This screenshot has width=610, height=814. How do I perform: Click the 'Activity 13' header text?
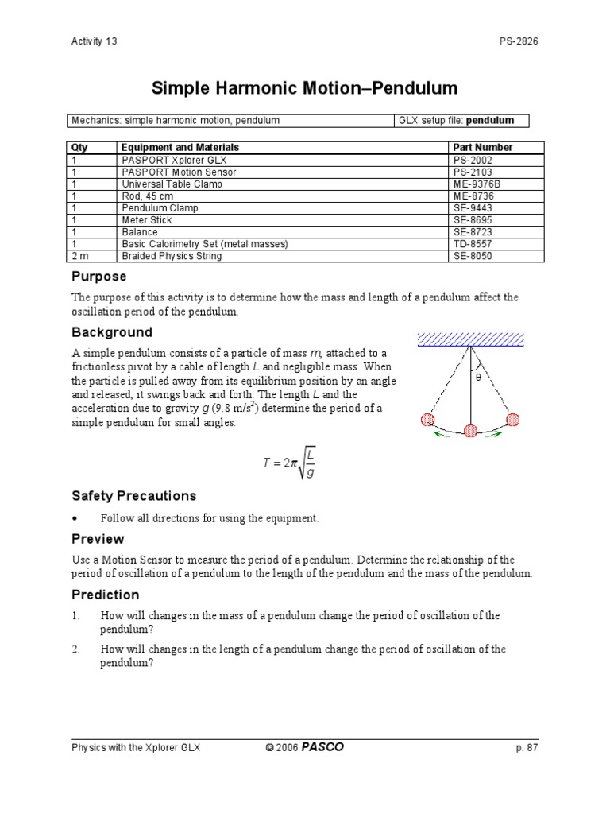point(94,42)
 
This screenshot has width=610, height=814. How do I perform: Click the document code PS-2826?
point(517,42)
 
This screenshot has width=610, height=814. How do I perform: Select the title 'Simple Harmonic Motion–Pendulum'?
point(304,88)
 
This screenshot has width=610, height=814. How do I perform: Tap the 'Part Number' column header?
point(482,147)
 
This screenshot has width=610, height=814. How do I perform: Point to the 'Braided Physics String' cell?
point(172,256)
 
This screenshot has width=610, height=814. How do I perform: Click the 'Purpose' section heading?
point(98,277)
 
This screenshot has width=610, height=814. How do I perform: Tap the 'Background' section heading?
point(112,332)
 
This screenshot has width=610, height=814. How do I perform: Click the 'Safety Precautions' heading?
point(133,496)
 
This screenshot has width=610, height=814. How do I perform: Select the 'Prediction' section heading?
point(105,595)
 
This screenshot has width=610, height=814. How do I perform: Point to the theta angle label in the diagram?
point(478,378)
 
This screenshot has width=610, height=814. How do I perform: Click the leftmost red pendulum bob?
point(428,419)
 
